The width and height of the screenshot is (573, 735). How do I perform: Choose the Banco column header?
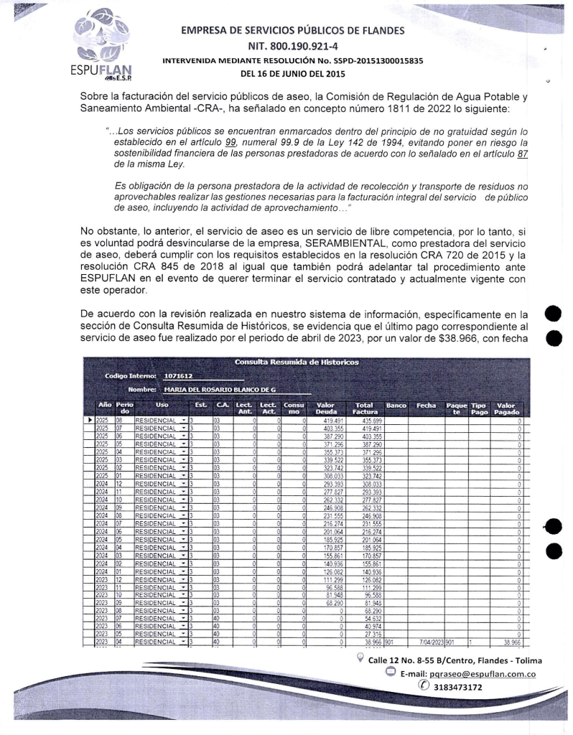396,406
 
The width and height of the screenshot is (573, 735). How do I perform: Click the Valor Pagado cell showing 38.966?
512,642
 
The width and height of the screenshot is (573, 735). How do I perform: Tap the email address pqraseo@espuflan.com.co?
465,675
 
